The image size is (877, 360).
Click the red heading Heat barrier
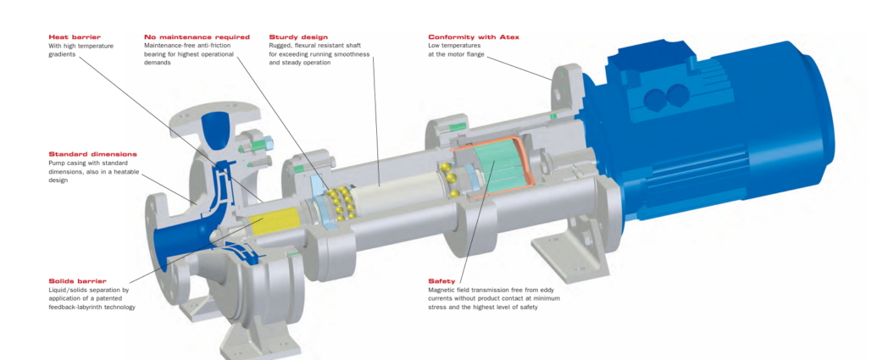tap(75, 37)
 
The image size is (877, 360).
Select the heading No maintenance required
tap(197, 37)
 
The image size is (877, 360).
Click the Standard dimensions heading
tap(92, 154)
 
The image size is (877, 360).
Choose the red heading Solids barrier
tap(77, 280)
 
